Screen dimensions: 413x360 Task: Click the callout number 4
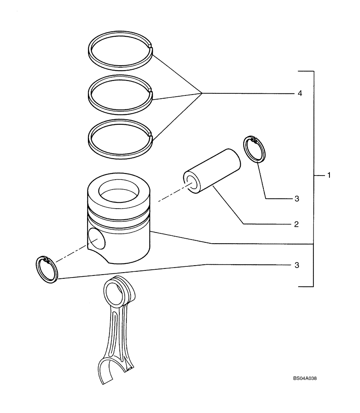pos(300,94)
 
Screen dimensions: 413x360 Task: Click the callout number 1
pos(329,176)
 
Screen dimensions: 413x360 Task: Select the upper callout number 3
pos(296,199)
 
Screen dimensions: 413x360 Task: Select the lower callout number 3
pos(296,265)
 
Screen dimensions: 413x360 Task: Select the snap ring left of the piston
pos(49,270)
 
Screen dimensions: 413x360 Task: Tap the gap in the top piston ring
pos(151,49)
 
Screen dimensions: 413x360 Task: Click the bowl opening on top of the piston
pos(120,191)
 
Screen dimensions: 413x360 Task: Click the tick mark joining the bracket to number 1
pos(318,176)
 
